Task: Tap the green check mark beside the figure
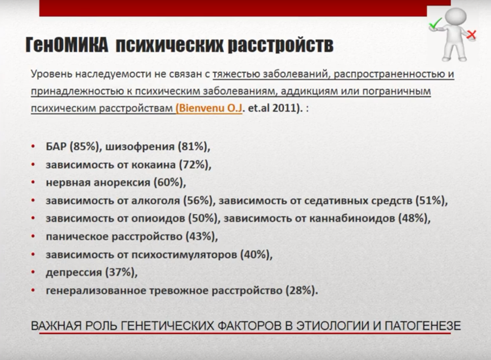click(435, 24)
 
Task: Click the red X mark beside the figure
click(471, 34)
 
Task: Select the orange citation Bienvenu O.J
click(209, 108)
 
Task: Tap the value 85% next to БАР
click(84, 146)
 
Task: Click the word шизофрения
click(139, 146)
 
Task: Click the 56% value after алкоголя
click(199, 200)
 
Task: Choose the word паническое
click(78, 237)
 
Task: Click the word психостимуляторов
click(184, 254)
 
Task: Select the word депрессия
click(74, 273)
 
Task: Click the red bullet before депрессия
click(33, 272)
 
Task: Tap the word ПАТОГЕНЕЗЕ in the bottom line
click(423, 326)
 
